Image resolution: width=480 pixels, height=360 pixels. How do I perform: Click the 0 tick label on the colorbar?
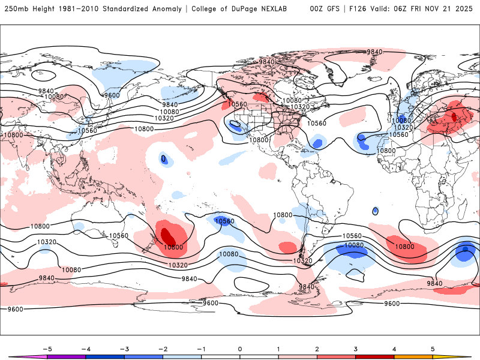pyautogui.click(x=239, y=348)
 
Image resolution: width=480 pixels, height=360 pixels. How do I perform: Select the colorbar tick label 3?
pyautogui.click(x=355, y=348)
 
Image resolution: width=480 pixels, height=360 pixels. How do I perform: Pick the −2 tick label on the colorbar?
pyautogui.click(x=162, y=348)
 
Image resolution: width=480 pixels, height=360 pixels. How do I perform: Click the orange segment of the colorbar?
pyautogui.click(x=413, y=356)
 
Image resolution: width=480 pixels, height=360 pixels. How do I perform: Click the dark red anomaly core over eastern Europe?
pyautogui.click(x=454, y=115)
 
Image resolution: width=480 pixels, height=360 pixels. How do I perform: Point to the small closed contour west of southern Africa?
pyautogui.click(x=375, y=211)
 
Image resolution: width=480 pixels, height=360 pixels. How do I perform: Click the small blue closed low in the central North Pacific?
pyautogui.click(x=163, y=158)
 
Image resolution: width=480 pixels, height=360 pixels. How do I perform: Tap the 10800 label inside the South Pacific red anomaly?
pyautogui.click(x=173, y=247)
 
